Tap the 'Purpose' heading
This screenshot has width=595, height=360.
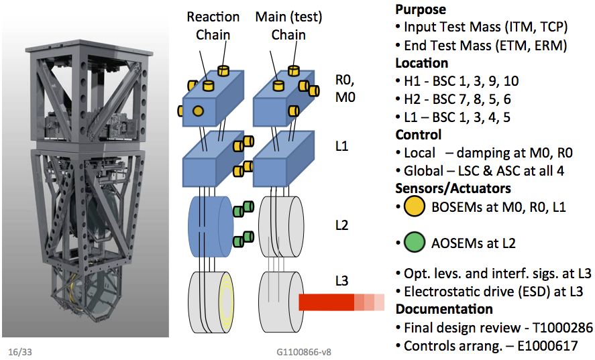[421, 10]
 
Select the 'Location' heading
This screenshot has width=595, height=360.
[422, 63]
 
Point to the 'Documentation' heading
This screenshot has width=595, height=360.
[444, 309]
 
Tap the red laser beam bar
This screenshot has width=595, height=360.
[326, 302]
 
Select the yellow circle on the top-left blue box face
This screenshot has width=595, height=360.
[198, 110]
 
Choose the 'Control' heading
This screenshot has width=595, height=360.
[419, 135]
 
